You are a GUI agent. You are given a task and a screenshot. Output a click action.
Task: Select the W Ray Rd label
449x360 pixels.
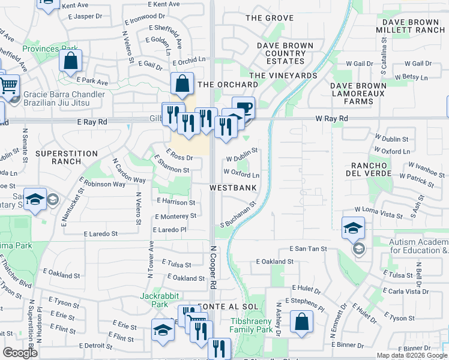332,119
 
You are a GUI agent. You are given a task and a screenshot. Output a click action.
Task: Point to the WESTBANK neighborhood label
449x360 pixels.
234,188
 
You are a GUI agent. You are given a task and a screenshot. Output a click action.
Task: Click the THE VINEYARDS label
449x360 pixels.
283,76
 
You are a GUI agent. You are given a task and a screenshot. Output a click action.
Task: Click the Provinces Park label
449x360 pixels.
50,49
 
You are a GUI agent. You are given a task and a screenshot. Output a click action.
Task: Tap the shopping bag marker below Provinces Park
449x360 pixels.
70,61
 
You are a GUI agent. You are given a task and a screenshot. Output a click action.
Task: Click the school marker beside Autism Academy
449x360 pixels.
352,227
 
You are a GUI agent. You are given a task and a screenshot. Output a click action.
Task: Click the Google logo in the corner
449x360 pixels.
19,353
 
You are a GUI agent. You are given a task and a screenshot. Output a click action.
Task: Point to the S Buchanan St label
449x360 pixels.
238,215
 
